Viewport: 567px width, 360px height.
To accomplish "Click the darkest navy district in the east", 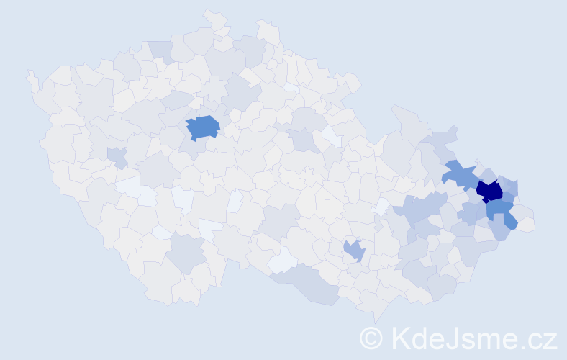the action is click(x=490, y=191).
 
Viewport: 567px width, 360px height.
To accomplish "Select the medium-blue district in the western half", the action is click(x=203, y=127).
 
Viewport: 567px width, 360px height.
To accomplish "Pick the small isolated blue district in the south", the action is click(x=353, y=251).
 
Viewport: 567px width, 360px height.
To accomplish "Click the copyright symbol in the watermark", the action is click(x=371, y=338).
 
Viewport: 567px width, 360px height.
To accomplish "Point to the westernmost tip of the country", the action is click(x=30, y=75).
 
